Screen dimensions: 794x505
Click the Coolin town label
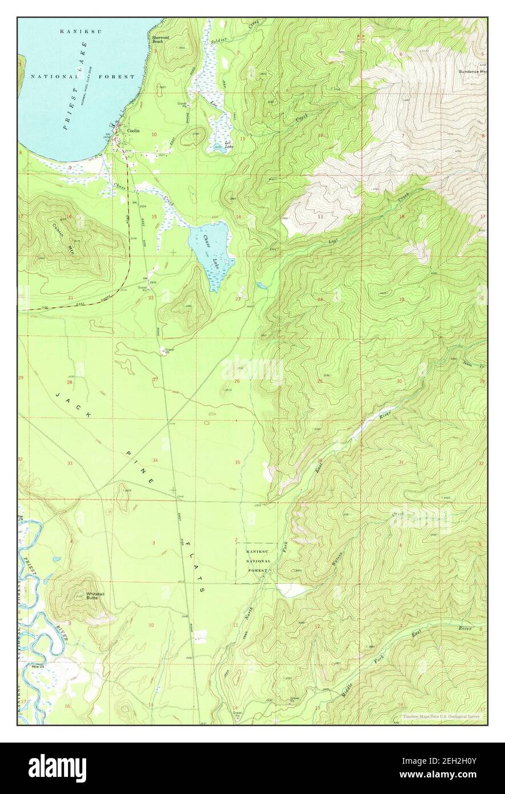[134, 131]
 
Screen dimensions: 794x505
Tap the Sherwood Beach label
[160, 39]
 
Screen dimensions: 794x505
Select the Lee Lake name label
[228, 145]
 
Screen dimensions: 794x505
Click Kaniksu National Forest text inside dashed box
[256, 561]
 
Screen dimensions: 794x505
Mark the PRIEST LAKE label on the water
[74, 100]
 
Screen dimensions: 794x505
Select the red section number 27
[155, 380]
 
